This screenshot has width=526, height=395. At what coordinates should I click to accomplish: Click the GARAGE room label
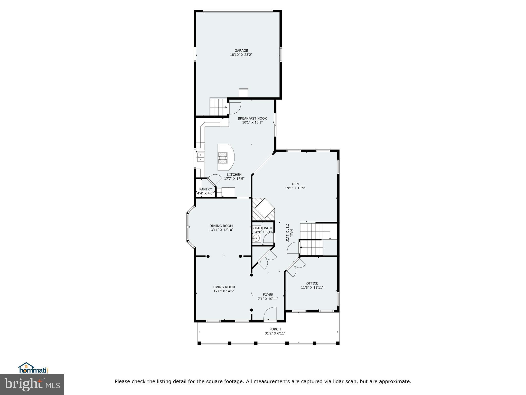click(241, 51)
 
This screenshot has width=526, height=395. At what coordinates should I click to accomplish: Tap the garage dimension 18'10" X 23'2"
click(241, 55)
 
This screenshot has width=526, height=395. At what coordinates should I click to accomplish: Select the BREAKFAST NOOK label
click(252, 118)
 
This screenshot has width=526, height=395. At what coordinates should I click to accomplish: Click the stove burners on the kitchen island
click(223, 158)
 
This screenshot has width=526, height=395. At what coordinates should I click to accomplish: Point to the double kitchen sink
click(201, 157)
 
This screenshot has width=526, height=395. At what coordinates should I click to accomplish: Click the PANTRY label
click(205, 189)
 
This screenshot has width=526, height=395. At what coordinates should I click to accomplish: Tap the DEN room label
click(295, 184)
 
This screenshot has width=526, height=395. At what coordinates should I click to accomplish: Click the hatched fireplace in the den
click(263, 209)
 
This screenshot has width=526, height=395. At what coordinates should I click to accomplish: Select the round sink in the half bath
click(256, 238)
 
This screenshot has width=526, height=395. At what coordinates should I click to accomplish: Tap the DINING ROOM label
click(221, 226)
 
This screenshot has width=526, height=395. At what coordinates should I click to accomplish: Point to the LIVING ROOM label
click(224, 287)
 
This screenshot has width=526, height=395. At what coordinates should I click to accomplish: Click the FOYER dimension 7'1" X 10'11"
click(268, 299)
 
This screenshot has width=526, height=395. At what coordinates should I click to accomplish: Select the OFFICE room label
click(312, 283)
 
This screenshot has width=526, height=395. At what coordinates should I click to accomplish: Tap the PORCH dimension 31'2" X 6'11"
click(275, 333)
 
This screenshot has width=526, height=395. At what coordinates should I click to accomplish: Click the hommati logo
click(33, 368)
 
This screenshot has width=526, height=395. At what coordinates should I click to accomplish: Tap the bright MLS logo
click(32, 384)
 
